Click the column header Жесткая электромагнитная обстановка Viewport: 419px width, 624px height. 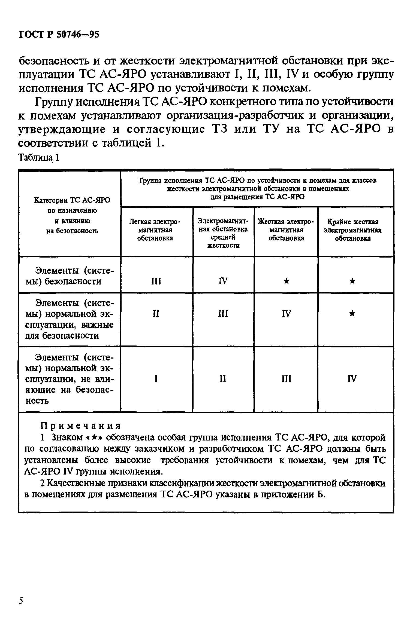(286, 230)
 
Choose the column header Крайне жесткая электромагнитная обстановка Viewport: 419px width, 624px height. (352, 230)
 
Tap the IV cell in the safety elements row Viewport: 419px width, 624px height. (223, 280)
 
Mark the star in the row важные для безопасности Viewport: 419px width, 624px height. (352, 314)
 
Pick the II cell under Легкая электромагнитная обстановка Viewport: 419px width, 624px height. (156, 314)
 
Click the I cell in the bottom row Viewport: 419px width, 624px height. (156, 379)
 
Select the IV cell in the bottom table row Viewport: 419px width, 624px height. (352, 379)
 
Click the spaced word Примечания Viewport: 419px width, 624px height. (80, 426)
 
